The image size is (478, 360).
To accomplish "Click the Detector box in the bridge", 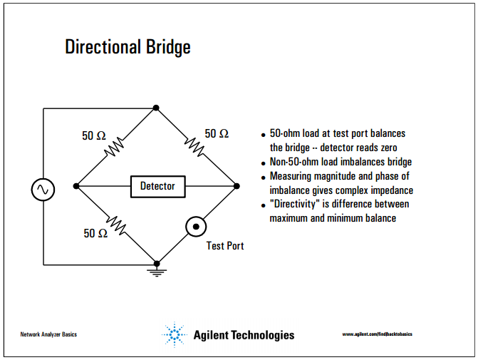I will [157, 187].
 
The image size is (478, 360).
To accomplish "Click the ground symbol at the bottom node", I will [157, 271].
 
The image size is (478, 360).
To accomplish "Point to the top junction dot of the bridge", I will [156, 108].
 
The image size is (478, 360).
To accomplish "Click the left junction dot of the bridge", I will [76, 187].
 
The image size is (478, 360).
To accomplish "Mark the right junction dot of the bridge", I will [236, 187].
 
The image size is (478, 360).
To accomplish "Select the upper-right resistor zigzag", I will [195, 146].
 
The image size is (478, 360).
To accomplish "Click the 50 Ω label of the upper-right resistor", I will [217, 133].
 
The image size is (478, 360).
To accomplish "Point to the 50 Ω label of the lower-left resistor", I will [95, 233].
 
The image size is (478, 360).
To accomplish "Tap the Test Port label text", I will [225, 246].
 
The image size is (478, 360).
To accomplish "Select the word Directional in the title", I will [103, 48].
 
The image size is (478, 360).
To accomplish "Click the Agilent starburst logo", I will [175, 334].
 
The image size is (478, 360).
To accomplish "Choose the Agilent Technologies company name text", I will [244, 335].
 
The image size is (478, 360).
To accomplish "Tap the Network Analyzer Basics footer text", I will [48, 334].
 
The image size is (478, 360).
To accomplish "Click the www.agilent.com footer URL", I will [377, 334].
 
